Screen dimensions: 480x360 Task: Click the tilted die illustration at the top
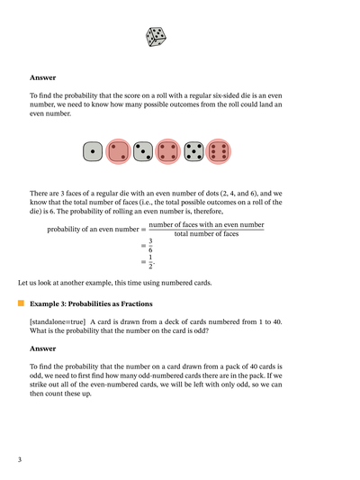pyautogui.click(x=156, y=36)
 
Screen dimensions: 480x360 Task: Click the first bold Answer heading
pyautogui.click(x=43, y=77)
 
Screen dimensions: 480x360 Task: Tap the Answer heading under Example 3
pyautogui.click(x=43, y=348)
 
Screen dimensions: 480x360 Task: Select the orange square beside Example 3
pyautogui.click(x=21, y=304)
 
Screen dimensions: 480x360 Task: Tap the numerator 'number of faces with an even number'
pyautogui.click(x=206, y=224)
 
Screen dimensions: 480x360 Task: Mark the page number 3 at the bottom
pyautogui.click(x=20, y=460)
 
